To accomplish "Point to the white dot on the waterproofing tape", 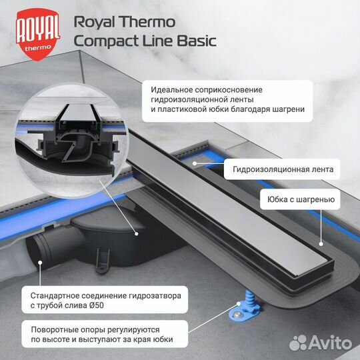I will pyautogui.click(x=193, y=161).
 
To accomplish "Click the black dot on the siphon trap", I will pyautogui.click(x=135, y=233).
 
